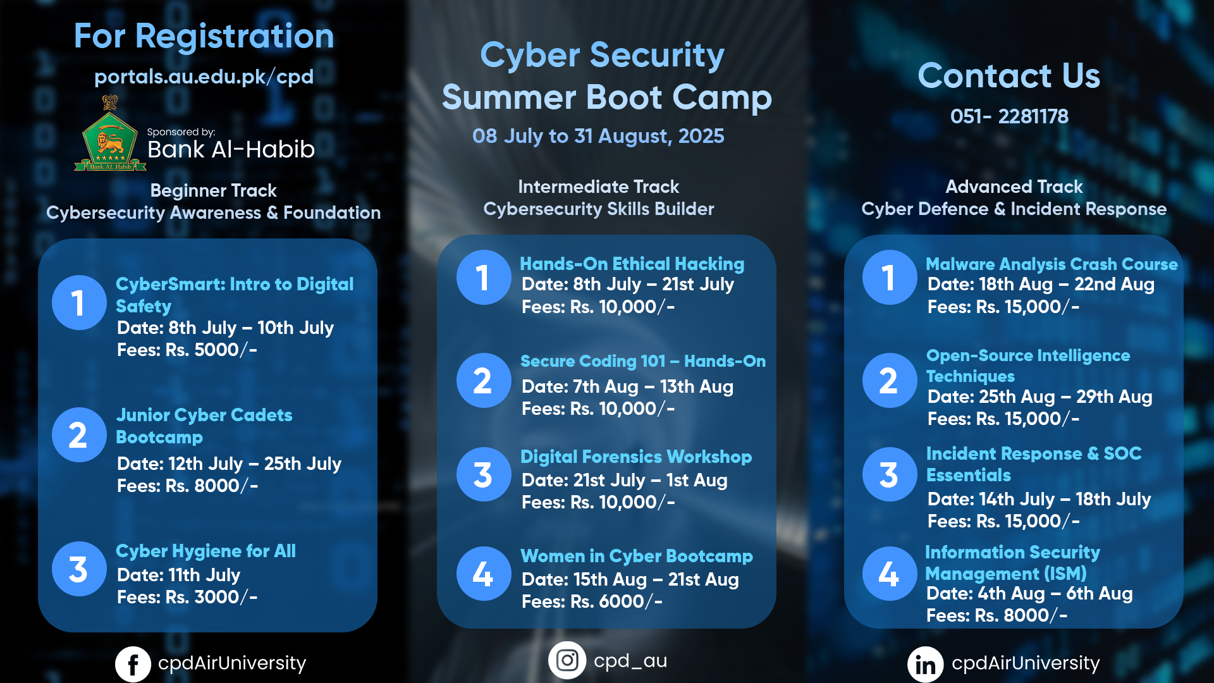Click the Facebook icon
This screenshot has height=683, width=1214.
[133, 664]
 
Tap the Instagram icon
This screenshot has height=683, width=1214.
[567, 660]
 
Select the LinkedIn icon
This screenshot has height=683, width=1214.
[926, 664]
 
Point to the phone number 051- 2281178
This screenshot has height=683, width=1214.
[1009, 116]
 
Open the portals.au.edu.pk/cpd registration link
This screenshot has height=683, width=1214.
[204, 77]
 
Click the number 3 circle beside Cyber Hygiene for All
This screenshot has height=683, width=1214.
[78, 569]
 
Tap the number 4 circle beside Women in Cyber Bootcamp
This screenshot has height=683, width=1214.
[484, 574]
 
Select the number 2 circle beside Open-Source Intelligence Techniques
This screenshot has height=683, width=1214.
[889, 380]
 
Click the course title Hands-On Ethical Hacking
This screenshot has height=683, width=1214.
[632, 264]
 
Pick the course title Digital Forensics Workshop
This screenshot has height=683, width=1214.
[636, 457]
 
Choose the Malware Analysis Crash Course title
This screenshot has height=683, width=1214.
[1052, 264]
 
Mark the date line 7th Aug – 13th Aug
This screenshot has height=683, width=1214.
[627, 386]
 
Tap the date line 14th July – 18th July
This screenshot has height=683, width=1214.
[1039, 499]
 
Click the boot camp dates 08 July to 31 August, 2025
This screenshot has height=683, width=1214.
[598, 136]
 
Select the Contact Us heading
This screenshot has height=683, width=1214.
[1009, 75]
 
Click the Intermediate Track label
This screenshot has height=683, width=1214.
[598, 187]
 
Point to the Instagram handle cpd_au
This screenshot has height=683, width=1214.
[630, 661]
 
